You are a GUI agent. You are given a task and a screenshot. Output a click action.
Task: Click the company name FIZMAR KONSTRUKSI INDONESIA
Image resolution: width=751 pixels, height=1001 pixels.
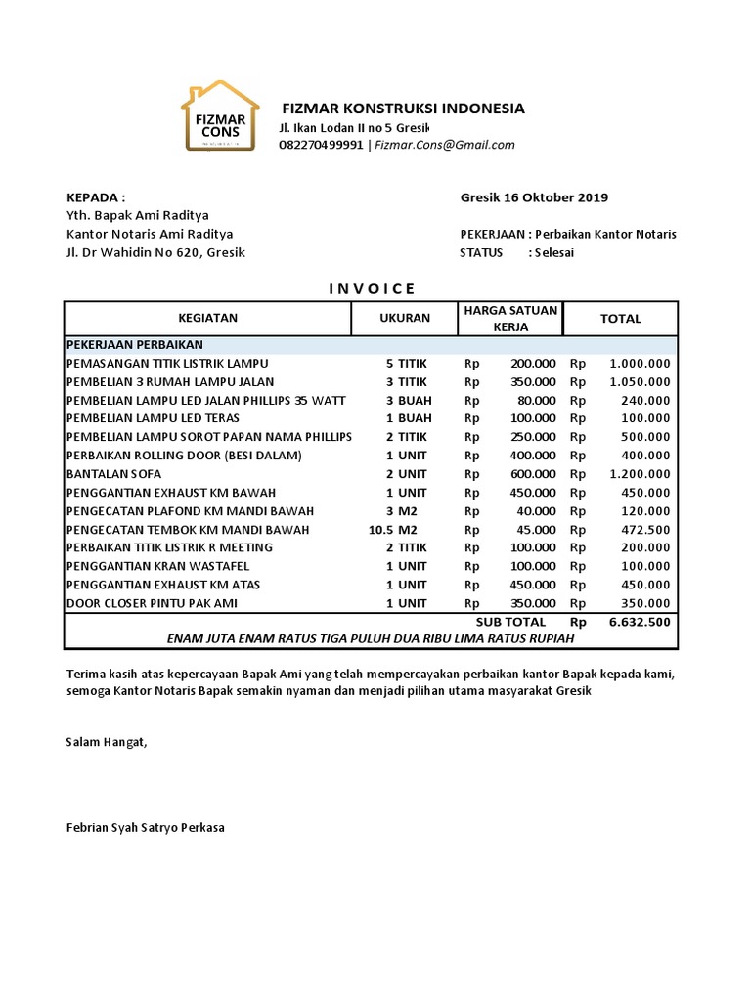point(403,109)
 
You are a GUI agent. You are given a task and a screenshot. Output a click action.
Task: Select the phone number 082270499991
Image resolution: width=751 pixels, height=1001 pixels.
point(321,145)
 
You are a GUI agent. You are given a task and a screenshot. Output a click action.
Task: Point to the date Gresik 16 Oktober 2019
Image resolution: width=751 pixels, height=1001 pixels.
point(534,197)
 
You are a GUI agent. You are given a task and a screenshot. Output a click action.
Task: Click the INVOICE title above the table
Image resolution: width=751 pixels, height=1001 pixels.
point(371,288)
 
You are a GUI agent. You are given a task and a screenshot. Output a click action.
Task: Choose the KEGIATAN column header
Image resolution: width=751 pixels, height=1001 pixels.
point(207,318)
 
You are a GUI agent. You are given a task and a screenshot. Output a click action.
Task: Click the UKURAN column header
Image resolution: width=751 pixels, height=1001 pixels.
point(405,318)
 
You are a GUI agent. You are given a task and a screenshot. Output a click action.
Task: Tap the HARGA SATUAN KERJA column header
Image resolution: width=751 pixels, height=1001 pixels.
point(510,318)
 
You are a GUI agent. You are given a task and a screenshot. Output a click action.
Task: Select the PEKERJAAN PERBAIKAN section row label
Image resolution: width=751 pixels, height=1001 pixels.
point(134,345)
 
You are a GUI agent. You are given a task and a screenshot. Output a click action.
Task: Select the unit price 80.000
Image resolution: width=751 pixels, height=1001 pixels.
point(536,400)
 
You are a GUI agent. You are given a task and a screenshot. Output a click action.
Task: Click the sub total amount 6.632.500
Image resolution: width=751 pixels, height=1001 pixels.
point(639,622)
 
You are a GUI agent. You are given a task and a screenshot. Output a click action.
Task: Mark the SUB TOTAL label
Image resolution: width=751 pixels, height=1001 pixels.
point(510,622)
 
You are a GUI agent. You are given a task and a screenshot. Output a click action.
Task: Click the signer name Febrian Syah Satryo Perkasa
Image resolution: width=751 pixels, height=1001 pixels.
point(145,827)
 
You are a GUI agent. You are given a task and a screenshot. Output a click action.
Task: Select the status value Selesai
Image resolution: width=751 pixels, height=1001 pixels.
point(554,252)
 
